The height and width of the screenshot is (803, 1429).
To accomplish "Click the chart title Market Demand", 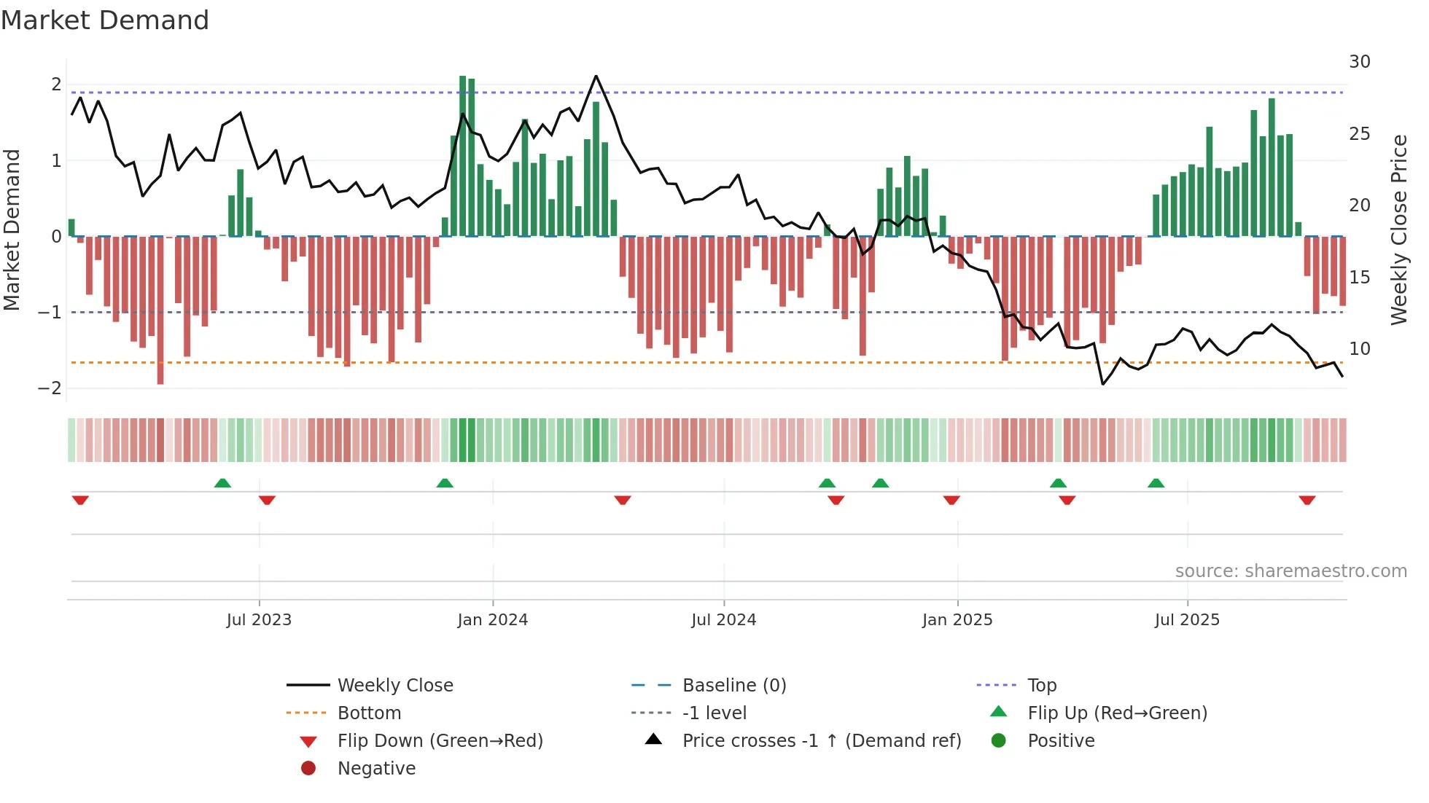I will tap(105, 20).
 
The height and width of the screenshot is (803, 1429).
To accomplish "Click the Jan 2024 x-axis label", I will tap(492, 620).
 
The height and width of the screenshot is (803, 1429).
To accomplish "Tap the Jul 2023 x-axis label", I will tap(258, 620).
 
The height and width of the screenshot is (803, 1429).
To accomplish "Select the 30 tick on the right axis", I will tap(1359, 62).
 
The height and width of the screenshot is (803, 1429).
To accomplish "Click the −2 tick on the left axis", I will tap(50, 388).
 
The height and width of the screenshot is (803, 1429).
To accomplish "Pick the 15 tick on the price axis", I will tap(1359, 278).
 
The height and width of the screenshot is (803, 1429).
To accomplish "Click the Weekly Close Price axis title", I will tap(1398, 230).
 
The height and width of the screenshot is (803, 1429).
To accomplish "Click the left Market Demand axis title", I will tap(12, 230).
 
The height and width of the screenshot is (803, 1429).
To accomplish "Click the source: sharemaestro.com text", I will tap(1290, 571).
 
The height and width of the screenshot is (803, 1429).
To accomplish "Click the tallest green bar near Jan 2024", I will tap(462, 157).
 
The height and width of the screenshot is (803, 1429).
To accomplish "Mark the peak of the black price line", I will tap(596, 76).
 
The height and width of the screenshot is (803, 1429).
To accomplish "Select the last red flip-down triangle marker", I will tap(1307, 500).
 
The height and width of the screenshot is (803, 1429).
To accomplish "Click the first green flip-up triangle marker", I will tap(222, 483).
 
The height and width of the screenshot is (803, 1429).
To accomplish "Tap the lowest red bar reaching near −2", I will tap(160, 310).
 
